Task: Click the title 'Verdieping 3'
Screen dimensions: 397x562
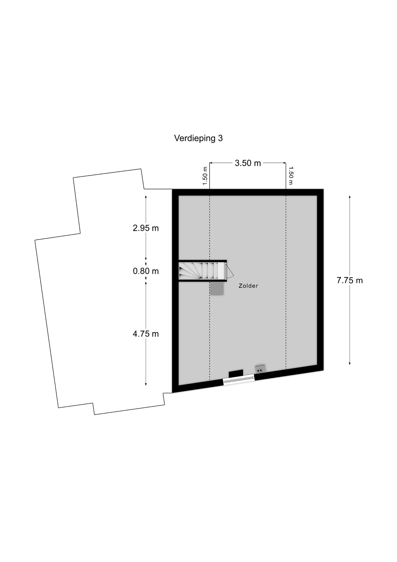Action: tap(198, 138)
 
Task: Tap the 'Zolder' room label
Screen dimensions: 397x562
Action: tap(248, 286)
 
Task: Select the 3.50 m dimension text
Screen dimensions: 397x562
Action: tap(248, 163)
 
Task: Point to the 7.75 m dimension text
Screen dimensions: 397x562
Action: tap(350, 280)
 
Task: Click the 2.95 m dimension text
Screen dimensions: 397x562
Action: tap(146, 228)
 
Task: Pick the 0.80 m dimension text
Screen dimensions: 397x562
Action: tap(146, 271)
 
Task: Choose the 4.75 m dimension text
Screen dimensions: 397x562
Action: tap(146, 334)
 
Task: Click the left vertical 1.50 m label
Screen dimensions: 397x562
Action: tap(205, 176)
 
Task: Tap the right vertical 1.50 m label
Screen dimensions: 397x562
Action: tap(291, 176)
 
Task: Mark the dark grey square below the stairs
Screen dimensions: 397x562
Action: tap(217, 288)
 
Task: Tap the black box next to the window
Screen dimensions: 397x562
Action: tap(236, 374)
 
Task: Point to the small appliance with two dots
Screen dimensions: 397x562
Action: tap(260, 369)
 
